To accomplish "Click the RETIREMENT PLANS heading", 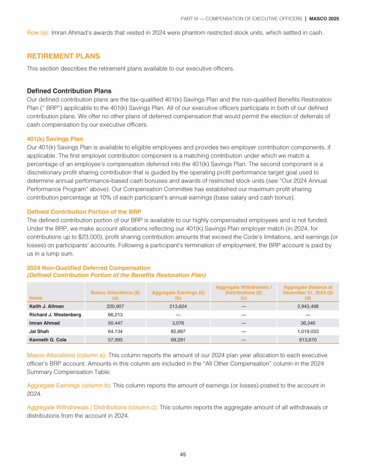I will coord(63,56).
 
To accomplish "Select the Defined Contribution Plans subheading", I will coord(69,91).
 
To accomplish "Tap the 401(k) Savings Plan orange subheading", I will coord(55,139).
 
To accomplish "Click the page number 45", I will coord(183,454).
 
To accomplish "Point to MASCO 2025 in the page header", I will coord(324,19).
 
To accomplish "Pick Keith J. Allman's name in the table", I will coord(46,306).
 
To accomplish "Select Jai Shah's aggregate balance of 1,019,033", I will coord(307,332).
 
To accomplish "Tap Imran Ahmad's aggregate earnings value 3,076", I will coord(178,323).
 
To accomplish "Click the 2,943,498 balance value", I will coord(307,306).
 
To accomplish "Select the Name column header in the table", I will coord(36,298).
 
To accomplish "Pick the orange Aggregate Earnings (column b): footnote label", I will coord(69,385).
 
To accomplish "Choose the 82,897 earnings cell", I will coord(178,332).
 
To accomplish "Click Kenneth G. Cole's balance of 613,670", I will coord(307,340).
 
